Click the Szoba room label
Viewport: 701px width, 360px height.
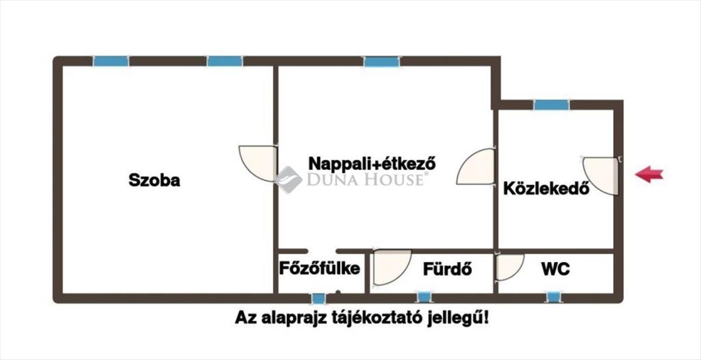pos(154,181)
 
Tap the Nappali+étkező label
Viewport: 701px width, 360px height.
pos(373,162)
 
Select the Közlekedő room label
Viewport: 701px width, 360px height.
pos(546,189)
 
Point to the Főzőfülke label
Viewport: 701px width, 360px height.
pos(319,269)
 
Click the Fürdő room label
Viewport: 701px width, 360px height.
pos(447,269)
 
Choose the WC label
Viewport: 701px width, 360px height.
pos(555,269)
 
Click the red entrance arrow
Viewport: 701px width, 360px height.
pos(649,174)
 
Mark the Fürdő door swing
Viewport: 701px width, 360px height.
pos(390,267)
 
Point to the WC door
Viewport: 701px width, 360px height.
pos(508,267)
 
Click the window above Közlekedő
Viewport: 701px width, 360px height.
pos(551,105)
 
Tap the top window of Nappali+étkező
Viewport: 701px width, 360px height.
pos(381,61)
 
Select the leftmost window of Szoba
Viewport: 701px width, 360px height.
pos(111,61)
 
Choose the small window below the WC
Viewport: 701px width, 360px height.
pos(553,297)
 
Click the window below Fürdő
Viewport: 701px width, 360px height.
pos(422,297)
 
